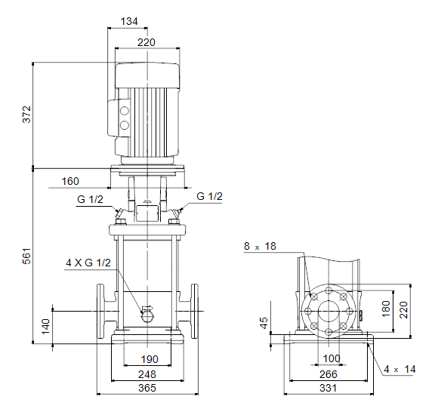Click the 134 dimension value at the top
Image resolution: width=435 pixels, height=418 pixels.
[129, 21]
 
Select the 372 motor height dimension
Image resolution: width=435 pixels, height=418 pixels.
[27, 114]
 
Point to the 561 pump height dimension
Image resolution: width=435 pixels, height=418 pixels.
[26, 257]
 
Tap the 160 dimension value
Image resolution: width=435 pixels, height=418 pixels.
[70, 181]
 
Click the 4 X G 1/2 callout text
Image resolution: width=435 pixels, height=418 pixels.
[88, 263]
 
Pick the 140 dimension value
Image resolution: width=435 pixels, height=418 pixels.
[46, 327]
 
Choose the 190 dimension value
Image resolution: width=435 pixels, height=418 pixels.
[150, 359]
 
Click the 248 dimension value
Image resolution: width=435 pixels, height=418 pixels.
[147, 374]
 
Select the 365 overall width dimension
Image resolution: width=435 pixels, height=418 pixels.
[147, 388]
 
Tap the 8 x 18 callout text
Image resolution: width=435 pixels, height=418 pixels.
[260, 246]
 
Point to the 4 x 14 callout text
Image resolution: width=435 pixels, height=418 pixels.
[400, 369]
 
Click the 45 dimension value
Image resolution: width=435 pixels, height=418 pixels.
[264, 323]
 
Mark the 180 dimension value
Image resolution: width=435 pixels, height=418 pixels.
[386, 309]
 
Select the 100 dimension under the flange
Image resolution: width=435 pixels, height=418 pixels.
[332, 358]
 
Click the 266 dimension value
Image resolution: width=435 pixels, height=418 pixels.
[329, 374]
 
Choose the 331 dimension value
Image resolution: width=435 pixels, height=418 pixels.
[329, 388]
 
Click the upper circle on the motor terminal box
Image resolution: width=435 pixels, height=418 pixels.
[125, 111]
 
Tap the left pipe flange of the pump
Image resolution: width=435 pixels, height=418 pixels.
[100, 311]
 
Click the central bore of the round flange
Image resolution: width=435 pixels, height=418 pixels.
[329, 311]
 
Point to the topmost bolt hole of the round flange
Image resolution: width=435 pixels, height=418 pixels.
[329, 290]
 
